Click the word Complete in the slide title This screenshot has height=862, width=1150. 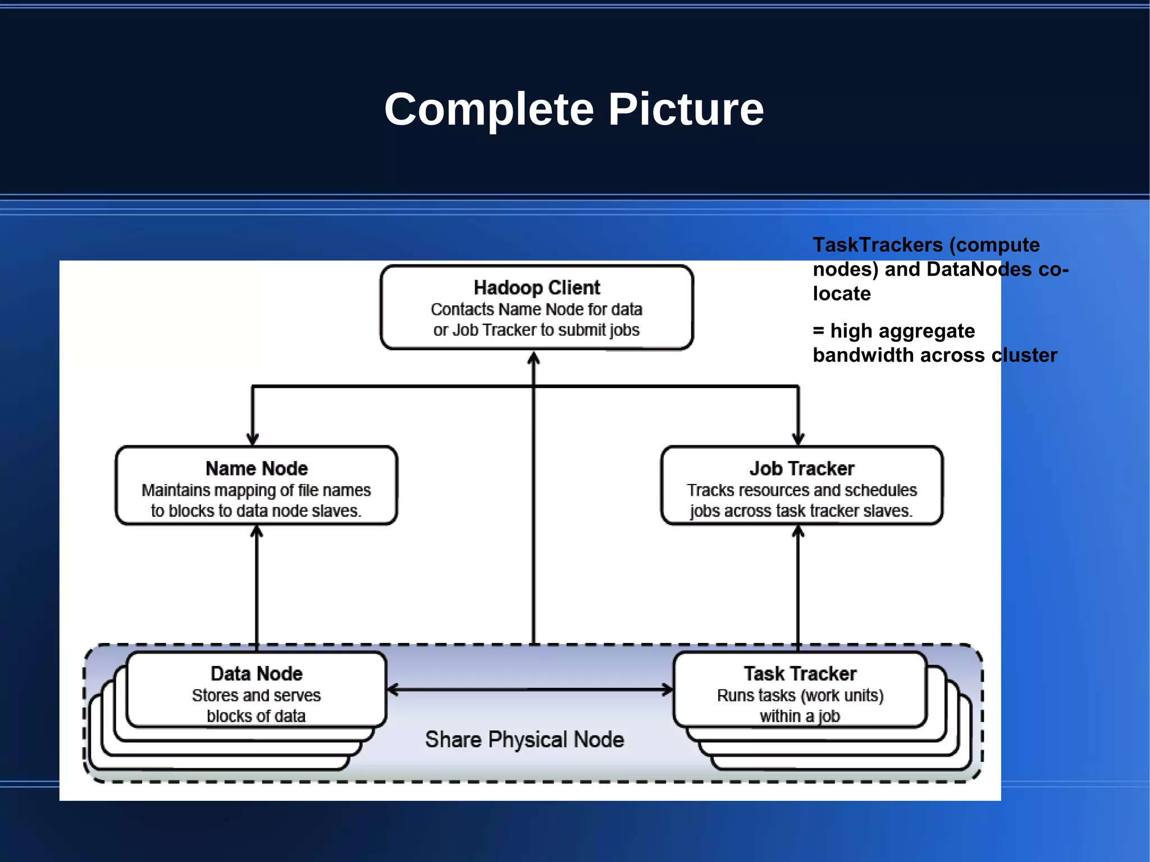pos(489,110)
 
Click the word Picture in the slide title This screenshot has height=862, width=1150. pos(686,110)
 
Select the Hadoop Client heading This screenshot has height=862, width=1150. pos(537,288)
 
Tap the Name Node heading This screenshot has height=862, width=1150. pos(257,468)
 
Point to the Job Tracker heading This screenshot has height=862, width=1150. pos(801,468)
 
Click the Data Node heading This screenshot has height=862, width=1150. pos(257,673)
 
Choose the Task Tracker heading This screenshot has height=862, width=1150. pos(800,673)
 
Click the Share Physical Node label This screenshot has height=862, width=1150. pos(524,740)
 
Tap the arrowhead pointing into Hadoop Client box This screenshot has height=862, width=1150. pos(534,358)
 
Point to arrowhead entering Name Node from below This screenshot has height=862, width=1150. pos(257,531)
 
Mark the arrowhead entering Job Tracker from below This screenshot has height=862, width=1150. pos(798,531)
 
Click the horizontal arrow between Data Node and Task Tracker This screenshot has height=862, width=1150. pos(530,690)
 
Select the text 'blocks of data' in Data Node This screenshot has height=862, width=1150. pos(256,716)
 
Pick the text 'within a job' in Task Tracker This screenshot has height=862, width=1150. pos(800,716)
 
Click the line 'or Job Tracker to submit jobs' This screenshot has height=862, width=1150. pos(536,330)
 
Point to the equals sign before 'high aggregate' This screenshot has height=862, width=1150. pos(819,331)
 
